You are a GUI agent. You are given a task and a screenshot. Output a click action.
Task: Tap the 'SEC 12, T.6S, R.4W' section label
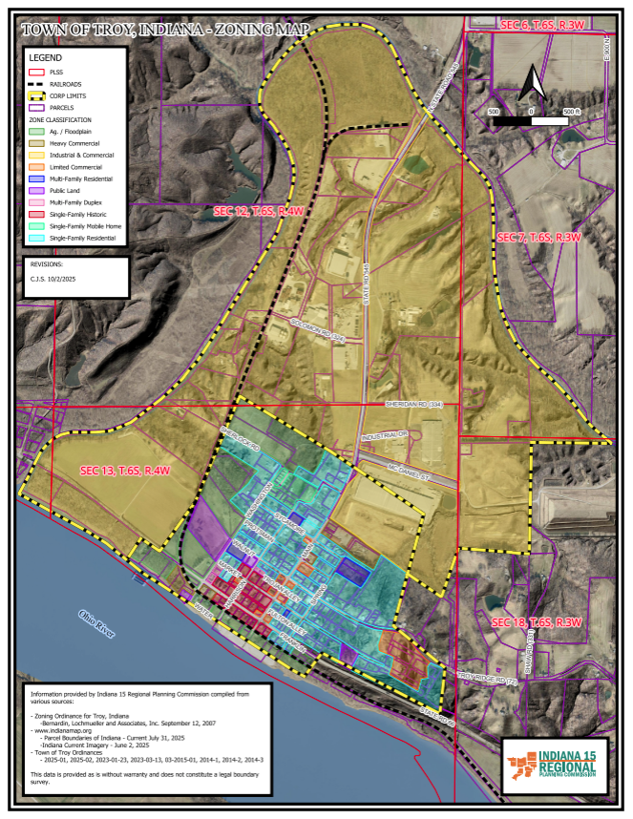259,212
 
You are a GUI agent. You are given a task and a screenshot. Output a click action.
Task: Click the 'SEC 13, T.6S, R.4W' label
124,471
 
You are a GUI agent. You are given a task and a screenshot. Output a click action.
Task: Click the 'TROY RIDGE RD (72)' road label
487,679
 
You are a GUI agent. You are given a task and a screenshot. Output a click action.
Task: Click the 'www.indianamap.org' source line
67,730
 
